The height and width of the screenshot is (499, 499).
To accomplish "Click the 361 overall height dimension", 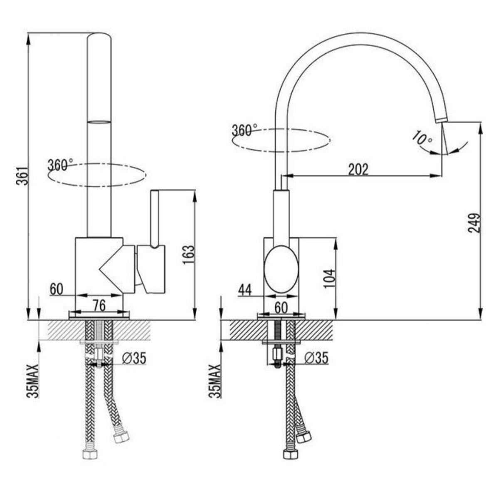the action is (22, 176).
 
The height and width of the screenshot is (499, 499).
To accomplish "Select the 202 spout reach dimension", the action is (358, 170).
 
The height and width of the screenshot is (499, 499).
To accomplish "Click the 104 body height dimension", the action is (329, 279).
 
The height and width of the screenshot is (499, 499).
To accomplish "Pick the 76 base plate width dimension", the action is (99, 306).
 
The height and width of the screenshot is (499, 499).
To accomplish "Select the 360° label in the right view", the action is (245, 130).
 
